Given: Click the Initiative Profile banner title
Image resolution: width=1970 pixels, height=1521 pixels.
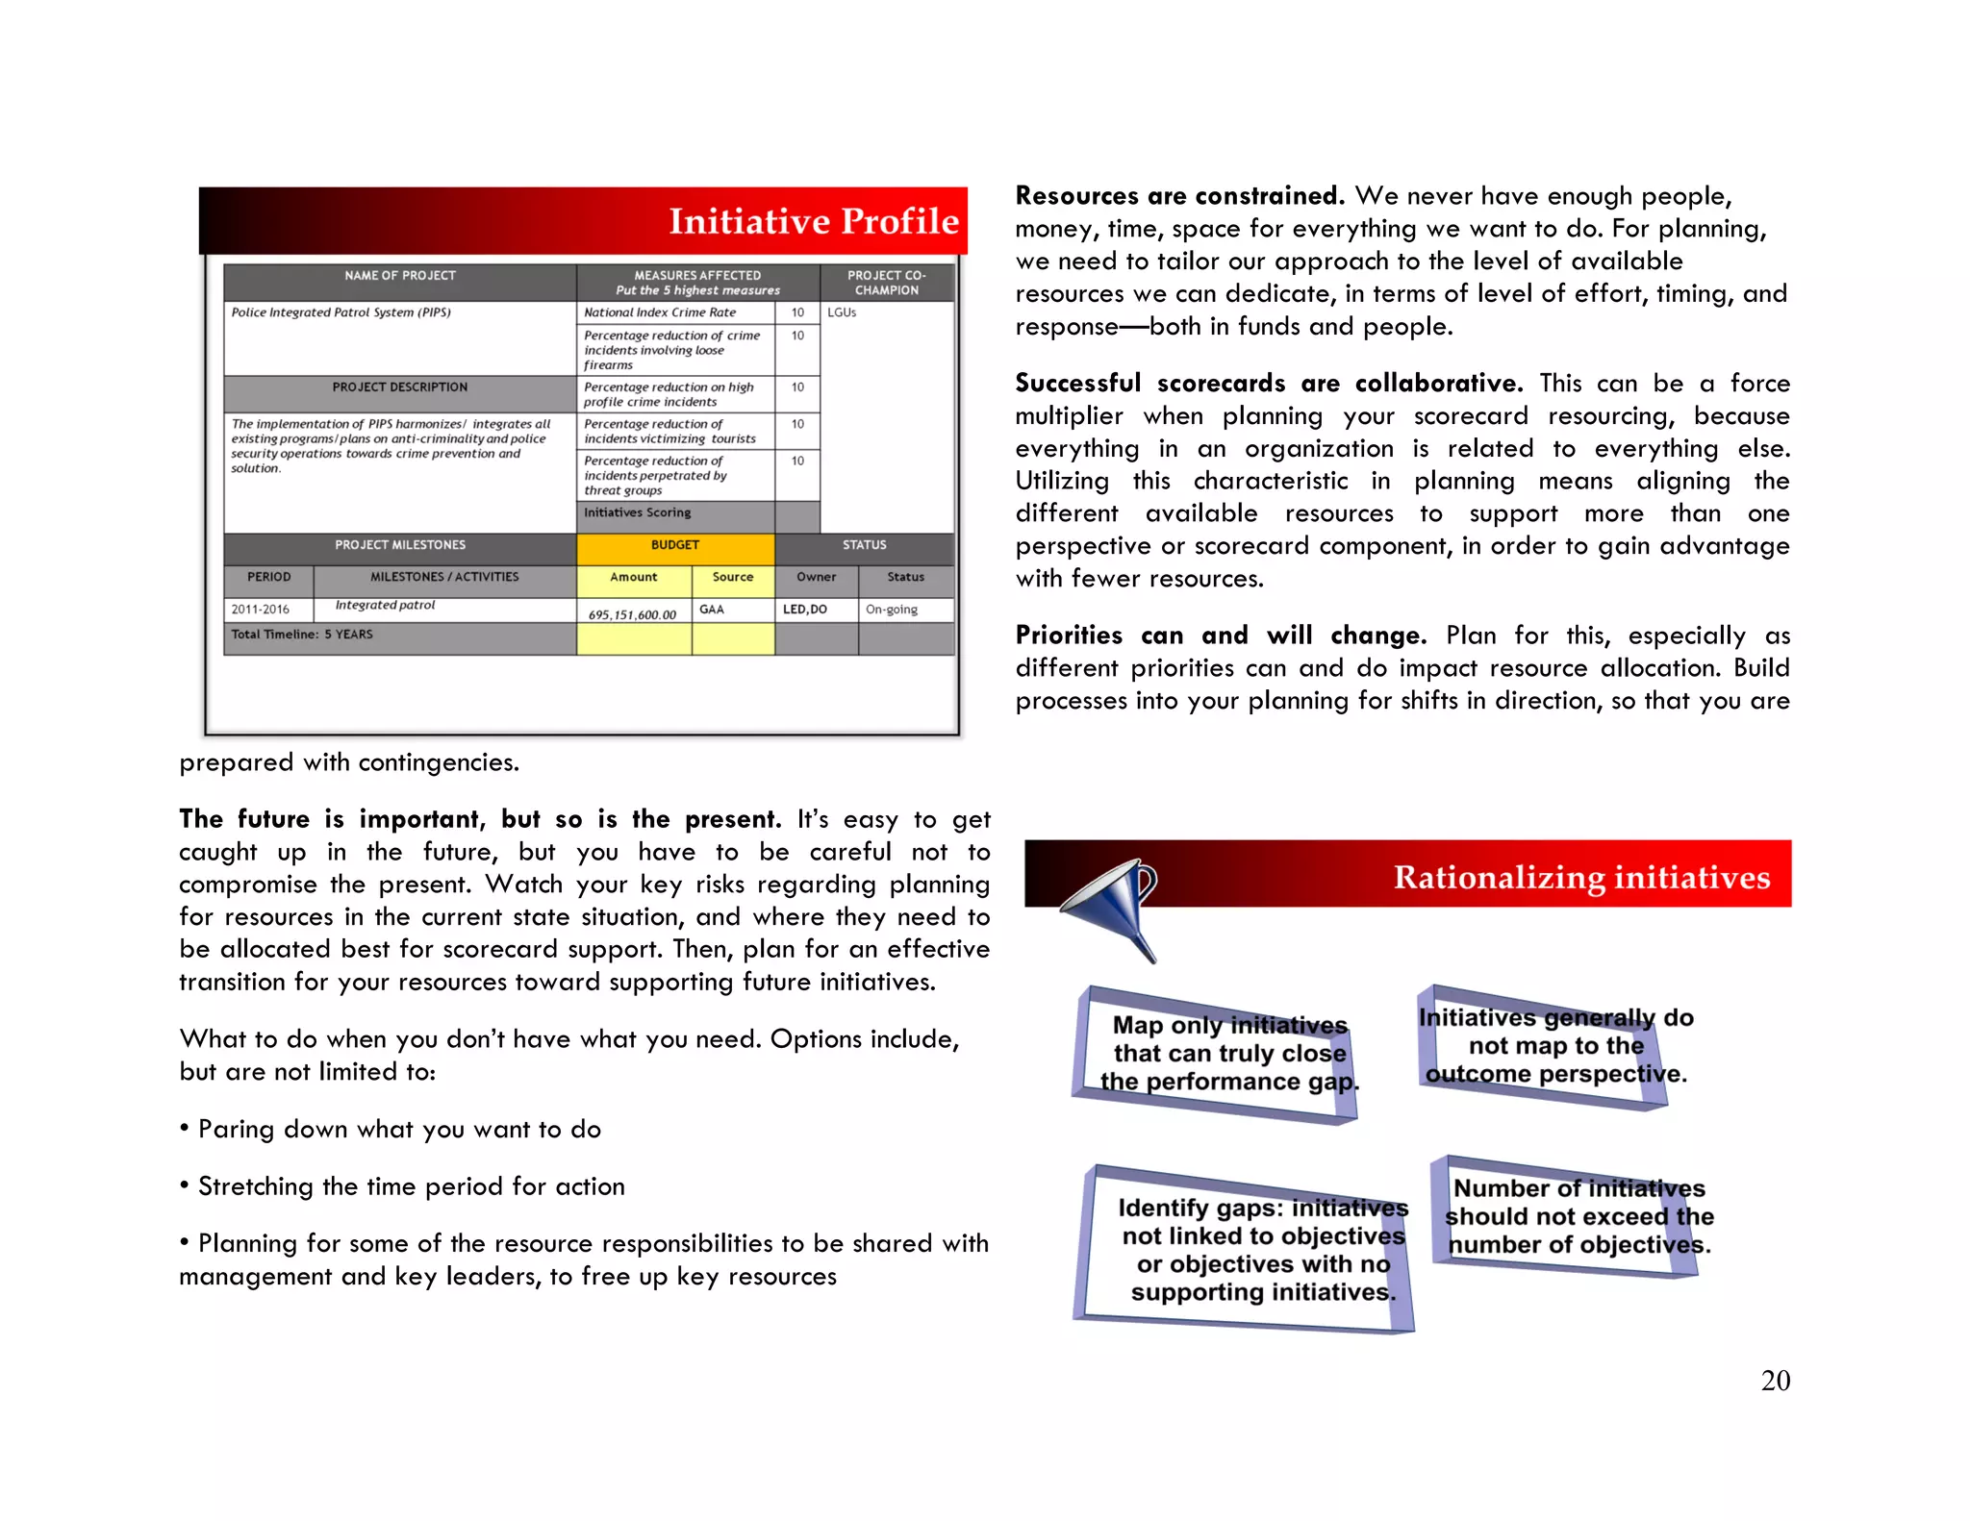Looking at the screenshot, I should (x=813, y=221).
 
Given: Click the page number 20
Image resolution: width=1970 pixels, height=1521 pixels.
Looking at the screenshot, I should (x=1775, y=1381).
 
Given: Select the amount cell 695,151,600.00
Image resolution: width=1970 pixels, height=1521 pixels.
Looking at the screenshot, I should (x=632, y=613).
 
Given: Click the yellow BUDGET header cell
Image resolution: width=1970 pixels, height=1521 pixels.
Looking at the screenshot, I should (x=674, y=545).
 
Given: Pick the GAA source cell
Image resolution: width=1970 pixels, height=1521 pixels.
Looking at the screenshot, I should (x=731, y=610).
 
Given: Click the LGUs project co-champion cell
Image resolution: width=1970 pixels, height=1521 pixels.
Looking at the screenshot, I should (x=886, y=313).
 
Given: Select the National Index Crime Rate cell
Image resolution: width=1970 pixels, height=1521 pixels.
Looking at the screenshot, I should (x=673, y=312).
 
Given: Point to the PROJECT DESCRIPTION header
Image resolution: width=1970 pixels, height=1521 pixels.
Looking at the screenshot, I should (x=399, y=387).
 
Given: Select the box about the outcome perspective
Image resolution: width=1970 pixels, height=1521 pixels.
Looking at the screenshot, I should (x=1554, y=1046).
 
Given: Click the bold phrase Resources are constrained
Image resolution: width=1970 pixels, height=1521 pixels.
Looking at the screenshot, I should (x=1178, y=196).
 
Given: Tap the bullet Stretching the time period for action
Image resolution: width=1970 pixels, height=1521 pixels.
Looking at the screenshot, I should (x=411, y=1186).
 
